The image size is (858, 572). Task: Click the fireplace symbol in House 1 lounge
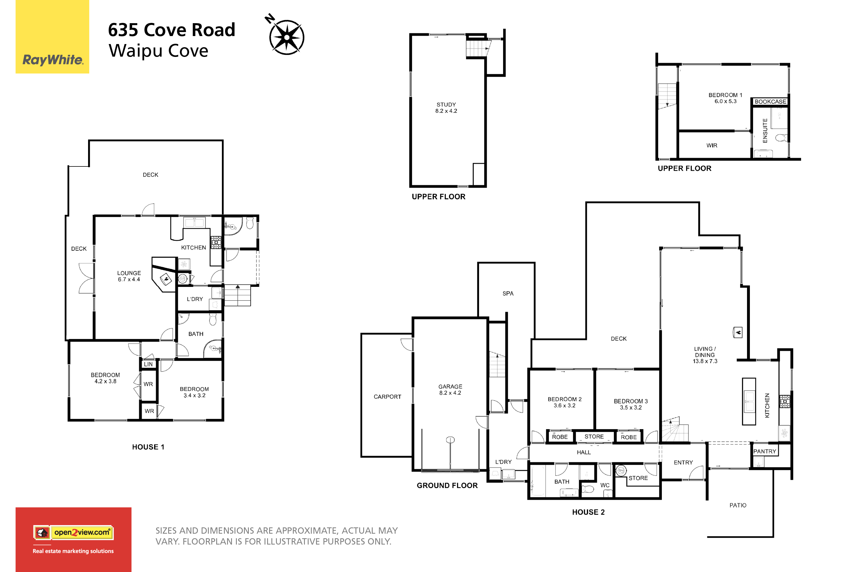pos(166,279)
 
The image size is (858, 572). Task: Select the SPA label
pos(508,294)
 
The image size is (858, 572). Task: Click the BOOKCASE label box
pos(770,102)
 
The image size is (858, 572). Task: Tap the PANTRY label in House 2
pos(764,452)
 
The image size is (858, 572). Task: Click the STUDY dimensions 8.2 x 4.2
pos(446,111)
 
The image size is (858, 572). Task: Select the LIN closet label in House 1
pos(148,364)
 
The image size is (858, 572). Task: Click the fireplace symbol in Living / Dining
pos(738,332)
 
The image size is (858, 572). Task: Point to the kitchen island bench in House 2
pos(749,401)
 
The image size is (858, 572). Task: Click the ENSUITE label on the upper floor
pos(765,131)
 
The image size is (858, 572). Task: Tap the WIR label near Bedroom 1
pos(712,146)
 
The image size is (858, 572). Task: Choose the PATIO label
pos(738,505)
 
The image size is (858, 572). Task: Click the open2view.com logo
pos(73,533)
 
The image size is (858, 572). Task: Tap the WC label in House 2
pos(605,485)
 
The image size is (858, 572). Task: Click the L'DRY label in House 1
pos(195,299)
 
